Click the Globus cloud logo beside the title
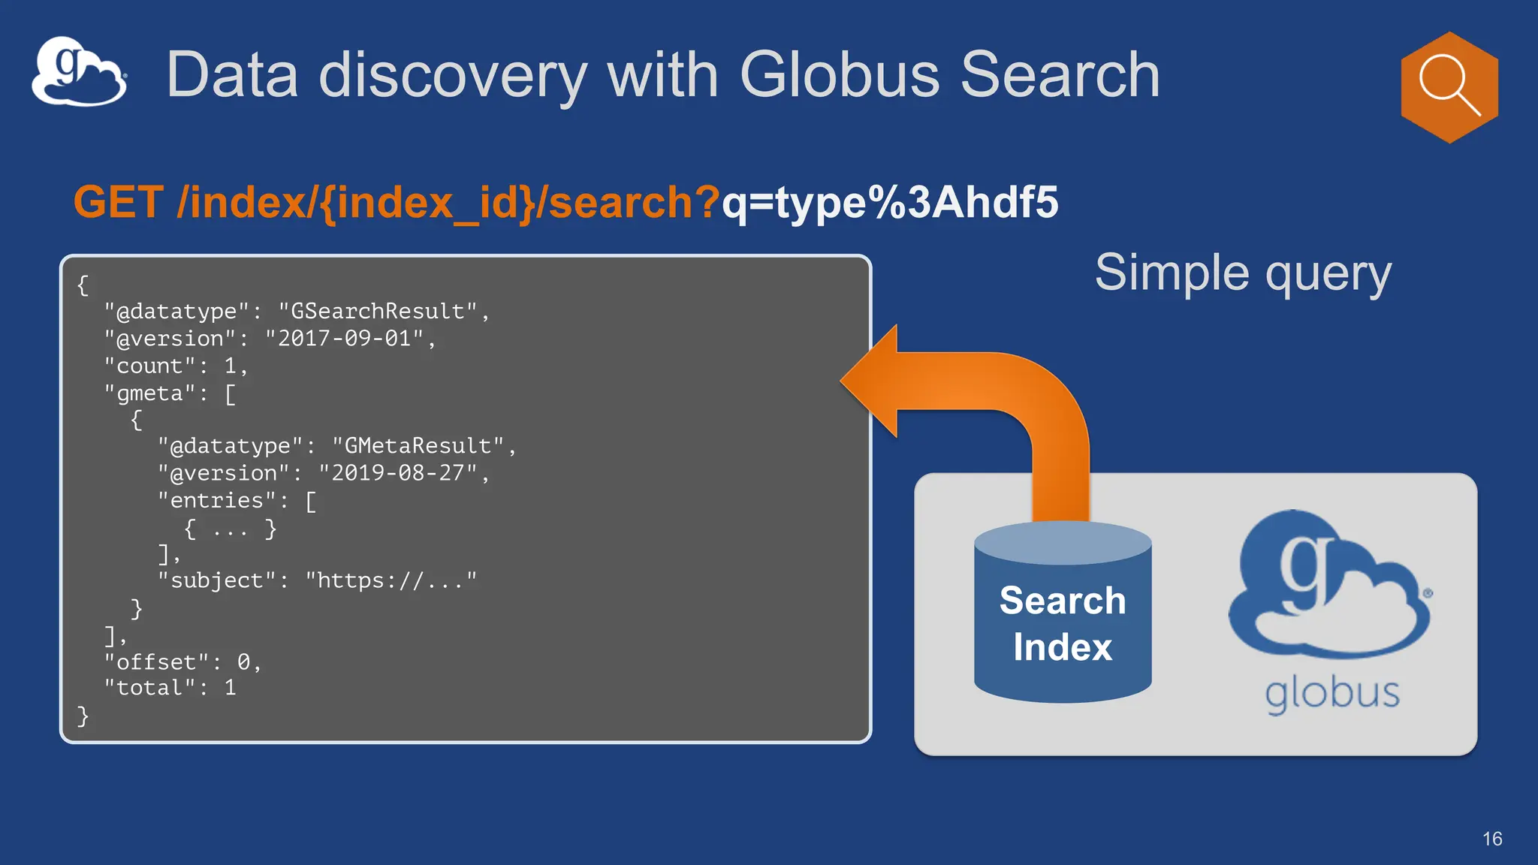(79, 71)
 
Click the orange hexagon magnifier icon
(1449, 87)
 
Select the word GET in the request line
(119, 202)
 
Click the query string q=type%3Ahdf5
(890, 202)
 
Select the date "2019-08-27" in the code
(398, 473)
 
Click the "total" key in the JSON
(149, 688)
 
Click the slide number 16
(1492, 839)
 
